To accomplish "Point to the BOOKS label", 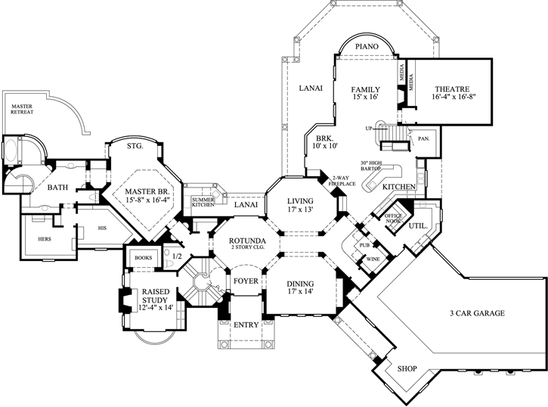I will click(x=142, y=256).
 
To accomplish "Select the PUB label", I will click(x=364, y=244).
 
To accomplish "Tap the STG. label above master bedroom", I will click(x=135, y=147).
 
